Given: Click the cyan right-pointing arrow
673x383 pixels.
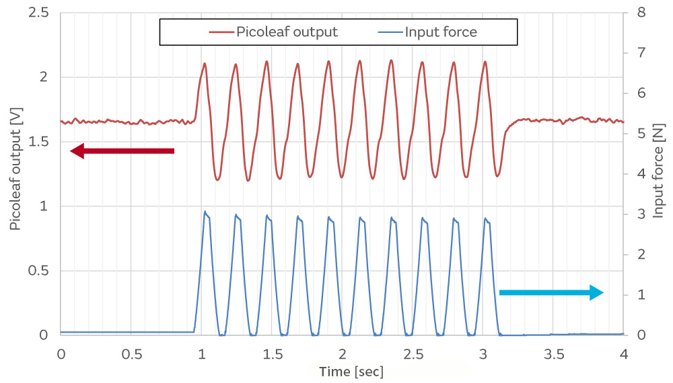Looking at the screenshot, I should coord(551,292).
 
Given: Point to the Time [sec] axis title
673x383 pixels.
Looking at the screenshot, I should coord(342,371).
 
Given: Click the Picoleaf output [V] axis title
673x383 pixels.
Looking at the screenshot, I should coord(15,173).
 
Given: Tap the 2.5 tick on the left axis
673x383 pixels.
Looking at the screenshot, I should coord(39,12).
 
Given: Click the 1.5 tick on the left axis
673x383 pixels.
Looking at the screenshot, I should coord(39,142).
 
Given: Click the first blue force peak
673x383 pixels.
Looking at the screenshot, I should coord(205,212).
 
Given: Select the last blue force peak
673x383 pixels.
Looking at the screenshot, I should coord(486,218).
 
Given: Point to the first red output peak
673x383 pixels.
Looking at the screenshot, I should coord(205,64).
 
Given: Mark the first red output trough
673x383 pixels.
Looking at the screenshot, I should coord(217,180).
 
